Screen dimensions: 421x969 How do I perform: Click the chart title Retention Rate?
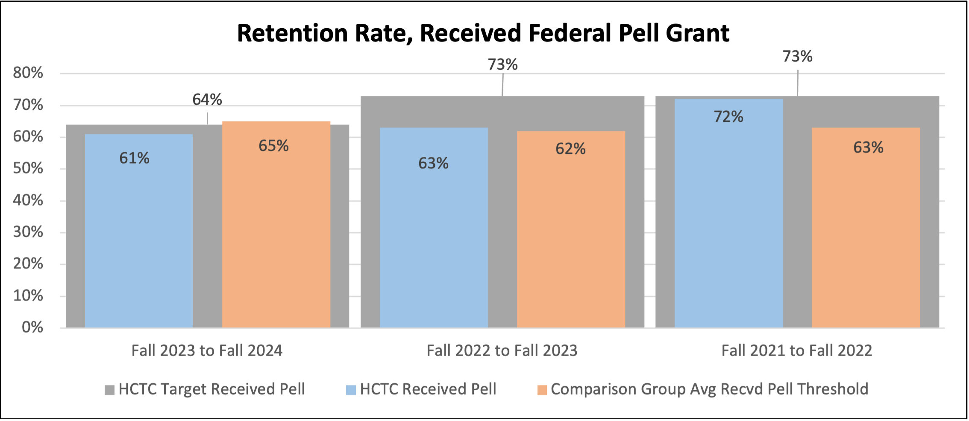[x=483, y=33]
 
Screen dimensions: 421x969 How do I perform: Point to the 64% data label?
[x=207, y=100]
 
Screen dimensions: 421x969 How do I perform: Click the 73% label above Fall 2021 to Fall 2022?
[x=797, y=56]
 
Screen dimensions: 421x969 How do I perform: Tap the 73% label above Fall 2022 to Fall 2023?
[x=502, y=65]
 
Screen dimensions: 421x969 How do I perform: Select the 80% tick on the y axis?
[x=28, y=73]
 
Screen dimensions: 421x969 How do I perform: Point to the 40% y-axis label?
[x=28, y=200]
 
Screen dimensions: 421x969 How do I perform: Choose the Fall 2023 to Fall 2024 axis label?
[x=207, y=350]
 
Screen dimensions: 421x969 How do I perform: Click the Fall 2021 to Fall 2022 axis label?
[x=796, y=350]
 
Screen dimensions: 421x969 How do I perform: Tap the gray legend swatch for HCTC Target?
[x=109, y=390]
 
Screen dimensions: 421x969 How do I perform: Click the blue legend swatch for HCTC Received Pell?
[x=351, y=390]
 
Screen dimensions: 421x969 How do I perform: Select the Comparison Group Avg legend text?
[x=709, y=389]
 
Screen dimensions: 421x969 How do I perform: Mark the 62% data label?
[x=570, y=149]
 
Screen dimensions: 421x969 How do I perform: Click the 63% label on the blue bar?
[x=433, y=163]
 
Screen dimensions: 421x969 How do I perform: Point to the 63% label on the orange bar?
[x=868, y=147]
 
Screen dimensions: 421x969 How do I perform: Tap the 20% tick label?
[x=28, y=264]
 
